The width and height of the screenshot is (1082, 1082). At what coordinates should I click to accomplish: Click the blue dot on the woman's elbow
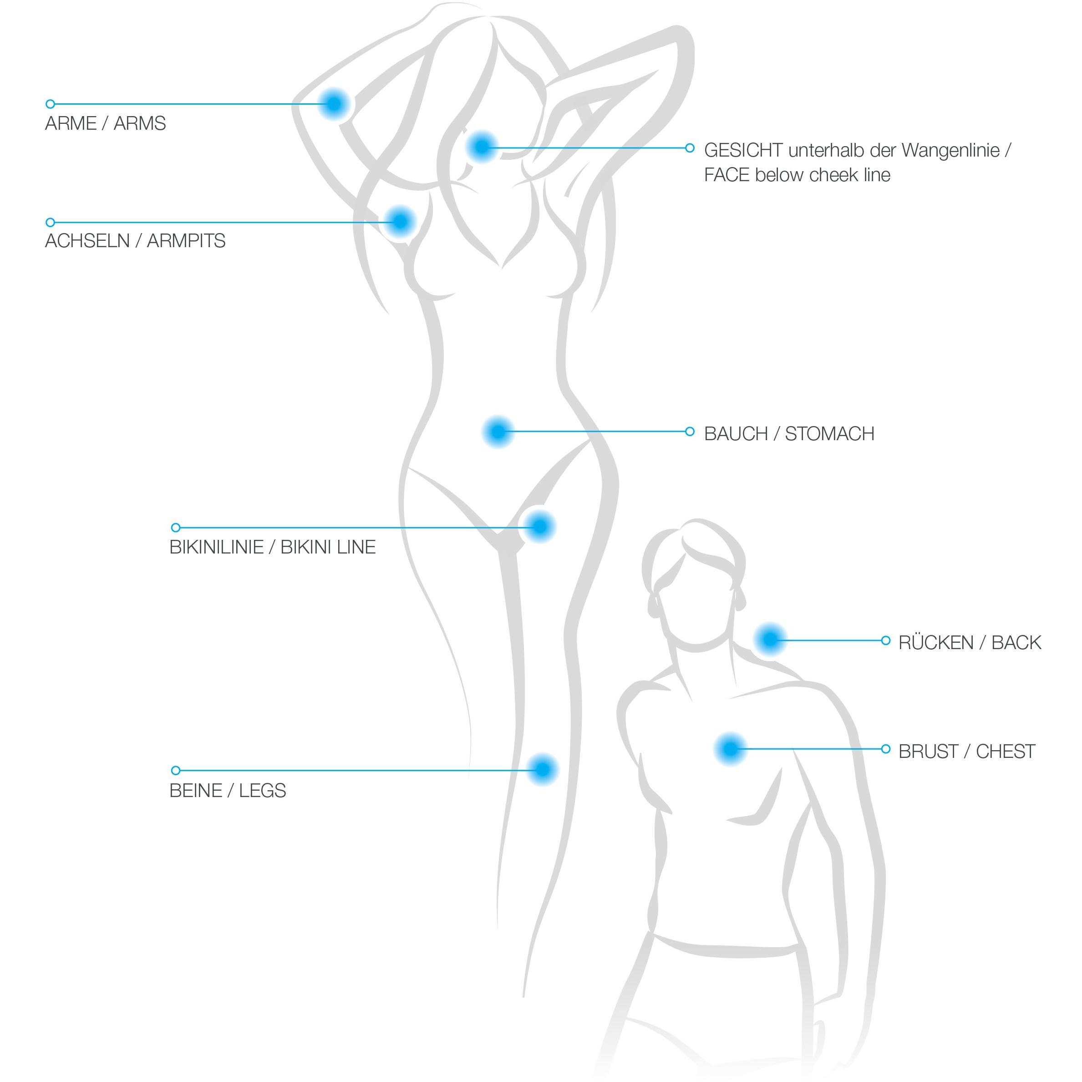(x=334, y=104)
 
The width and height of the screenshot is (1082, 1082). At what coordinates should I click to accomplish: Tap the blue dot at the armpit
(x=400, y=222)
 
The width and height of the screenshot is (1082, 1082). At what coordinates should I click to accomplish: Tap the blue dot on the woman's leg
(x=542, y=769)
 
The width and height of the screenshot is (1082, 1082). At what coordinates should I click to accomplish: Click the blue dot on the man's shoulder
(x=770, y=639)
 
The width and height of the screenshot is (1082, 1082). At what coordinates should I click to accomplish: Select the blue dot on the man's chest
(x=730, y=749)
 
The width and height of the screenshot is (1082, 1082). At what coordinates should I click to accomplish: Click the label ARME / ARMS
(x=105, y=123)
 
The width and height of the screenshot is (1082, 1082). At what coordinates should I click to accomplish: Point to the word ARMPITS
(x=186, y=241)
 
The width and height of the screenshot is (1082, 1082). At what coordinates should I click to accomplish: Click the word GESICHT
(x=743, y=150)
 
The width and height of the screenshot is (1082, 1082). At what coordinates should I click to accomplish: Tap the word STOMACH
(x=829, y=433)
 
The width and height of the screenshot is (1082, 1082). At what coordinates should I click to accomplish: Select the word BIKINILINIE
(x=217, y=547)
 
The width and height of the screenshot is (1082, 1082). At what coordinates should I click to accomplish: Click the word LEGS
(x=262, y=790)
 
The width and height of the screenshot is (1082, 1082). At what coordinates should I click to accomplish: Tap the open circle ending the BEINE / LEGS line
(x=176, y=770)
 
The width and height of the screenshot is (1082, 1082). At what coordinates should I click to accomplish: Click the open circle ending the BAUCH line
(x=690, y=431)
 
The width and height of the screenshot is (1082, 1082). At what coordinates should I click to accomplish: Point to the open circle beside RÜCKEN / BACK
(x=885, y=640)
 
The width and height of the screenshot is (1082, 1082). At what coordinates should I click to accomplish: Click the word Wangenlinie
(x=950, y=151)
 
